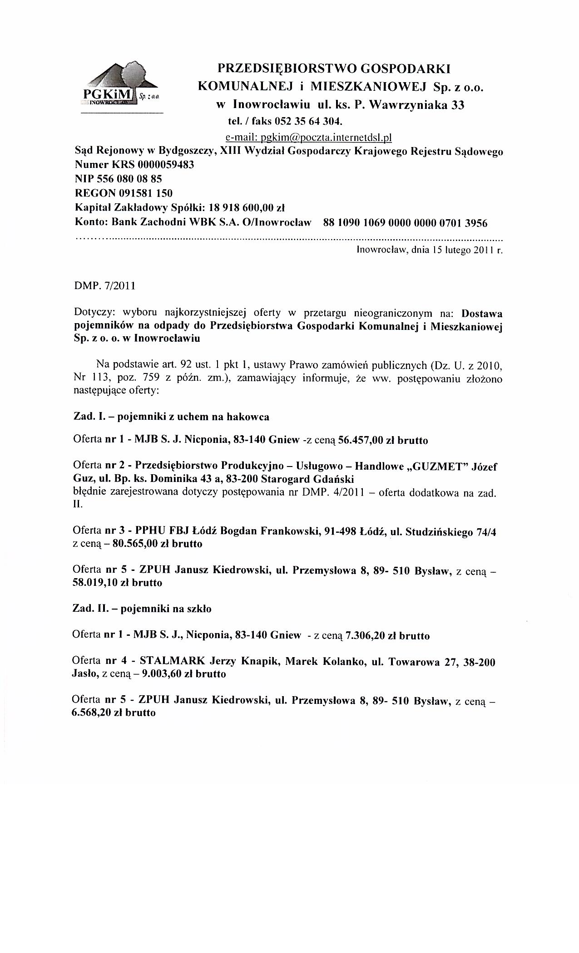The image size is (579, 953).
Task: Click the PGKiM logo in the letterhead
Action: [120, 87]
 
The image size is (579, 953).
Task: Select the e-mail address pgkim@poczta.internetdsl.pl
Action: [308, 137]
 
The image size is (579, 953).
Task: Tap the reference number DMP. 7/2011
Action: [104, 287]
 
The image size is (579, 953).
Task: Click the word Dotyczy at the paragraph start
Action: [90, 313]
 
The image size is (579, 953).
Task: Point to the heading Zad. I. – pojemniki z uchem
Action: [171, 417]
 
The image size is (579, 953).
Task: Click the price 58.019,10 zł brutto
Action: [117, 583]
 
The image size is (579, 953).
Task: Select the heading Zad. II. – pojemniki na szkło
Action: [142, 609]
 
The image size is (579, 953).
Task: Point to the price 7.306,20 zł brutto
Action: [387, 636]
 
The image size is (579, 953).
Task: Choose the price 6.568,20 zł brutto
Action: [114, 713]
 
